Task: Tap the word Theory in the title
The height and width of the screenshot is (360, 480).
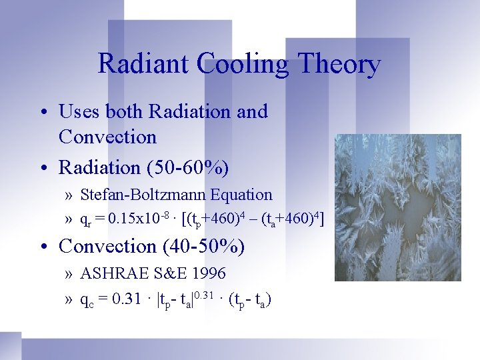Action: click(340, 64)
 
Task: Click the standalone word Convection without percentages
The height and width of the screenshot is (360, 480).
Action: click(107, 137)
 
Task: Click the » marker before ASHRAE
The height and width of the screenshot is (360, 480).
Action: click(69, 274)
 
